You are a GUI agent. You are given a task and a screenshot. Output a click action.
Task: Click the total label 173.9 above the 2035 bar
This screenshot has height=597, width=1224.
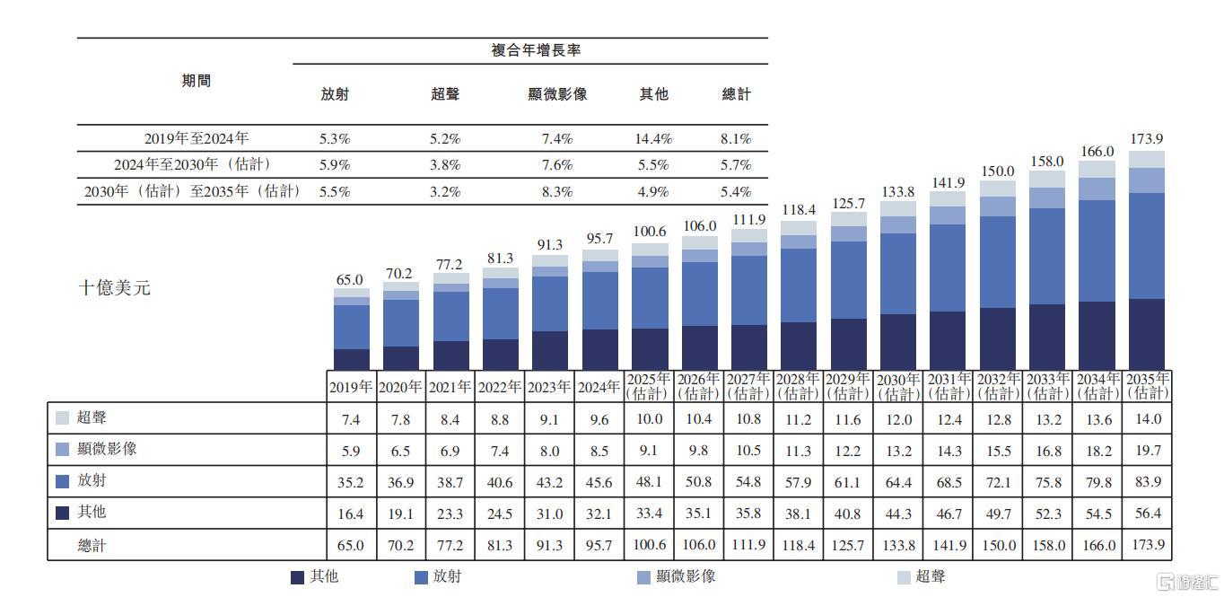tap(1147, 139)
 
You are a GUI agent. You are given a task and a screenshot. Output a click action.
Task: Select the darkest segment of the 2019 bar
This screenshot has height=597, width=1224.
tap(352, 359)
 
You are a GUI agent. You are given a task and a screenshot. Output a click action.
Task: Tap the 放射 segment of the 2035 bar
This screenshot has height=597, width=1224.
tap(1147, 245)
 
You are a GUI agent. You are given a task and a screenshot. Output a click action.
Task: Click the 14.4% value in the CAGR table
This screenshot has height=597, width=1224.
tap(654, 139)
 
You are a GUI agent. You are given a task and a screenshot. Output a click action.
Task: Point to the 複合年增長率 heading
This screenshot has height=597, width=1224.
tap(536, 50)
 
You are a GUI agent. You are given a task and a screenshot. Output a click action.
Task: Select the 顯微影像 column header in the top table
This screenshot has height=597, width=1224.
tap(557, 94)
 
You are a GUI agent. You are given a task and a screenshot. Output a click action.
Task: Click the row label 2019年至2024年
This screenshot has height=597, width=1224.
tap(197, 139)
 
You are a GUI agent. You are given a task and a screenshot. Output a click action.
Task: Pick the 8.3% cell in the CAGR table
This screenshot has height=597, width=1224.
tap(557, 191)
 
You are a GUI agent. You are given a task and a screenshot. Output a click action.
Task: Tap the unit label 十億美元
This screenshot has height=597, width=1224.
tap(116, 288)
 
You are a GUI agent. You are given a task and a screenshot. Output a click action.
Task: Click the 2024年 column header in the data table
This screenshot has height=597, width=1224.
tap(599, 387)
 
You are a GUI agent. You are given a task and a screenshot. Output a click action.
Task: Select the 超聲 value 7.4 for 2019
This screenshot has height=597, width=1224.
tap(351, 419)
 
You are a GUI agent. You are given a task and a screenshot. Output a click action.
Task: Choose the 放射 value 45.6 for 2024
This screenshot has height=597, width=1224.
tap(599, 482)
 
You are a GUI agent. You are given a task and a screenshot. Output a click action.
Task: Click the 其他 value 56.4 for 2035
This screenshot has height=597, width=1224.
tap(1147, 514)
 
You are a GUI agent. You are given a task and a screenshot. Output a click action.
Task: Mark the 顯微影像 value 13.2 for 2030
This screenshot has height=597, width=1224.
tap(898, 451)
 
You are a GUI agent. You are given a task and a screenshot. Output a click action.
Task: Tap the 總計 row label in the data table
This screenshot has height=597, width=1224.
tap(92, 545)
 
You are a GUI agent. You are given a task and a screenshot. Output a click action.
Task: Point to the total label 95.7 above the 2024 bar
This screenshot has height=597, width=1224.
tap(599, 239)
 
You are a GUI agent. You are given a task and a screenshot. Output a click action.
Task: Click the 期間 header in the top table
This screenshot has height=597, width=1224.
tap(197, 81)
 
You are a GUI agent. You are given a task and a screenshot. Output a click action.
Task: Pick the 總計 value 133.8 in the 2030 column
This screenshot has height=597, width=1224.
tap(898, 545)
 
